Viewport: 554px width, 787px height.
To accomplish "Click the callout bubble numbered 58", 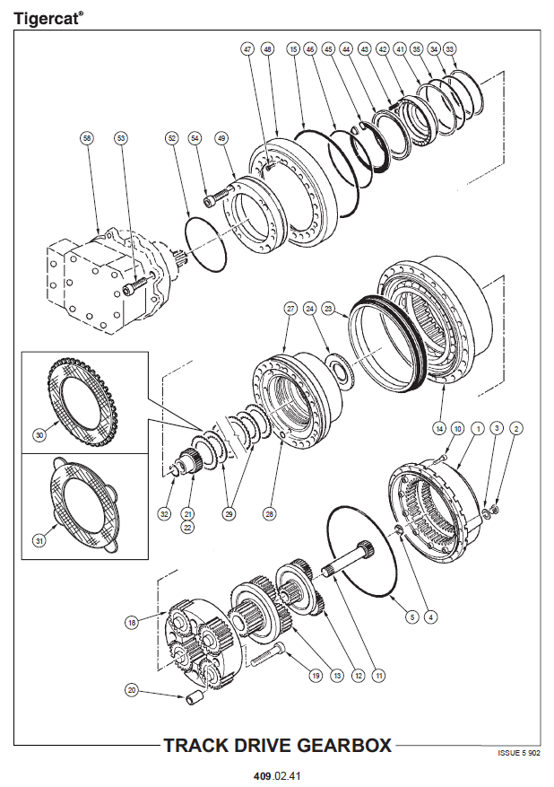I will point(87,138).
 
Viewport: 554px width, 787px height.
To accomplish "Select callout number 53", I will point(121,138).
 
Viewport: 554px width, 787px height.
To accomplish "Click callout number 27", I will point(290,308).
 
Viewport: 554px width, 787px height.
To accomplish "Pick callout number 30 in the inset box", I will point(39,435).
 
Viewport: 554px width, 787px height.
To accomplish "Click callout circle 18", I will point(133,621).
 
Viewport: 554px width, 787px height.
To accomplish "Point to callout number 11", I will point(379,675).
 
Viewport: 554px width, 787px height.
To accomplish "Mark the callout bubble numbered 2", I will point(515,429).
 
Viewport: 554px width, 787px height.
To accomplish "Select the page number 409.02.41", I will point(277,774).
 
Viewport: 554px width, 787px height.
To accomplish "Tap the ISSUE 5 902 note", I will point(520,754).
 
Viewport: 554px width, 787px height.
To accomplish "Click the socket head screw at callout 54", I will point(212,201).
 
